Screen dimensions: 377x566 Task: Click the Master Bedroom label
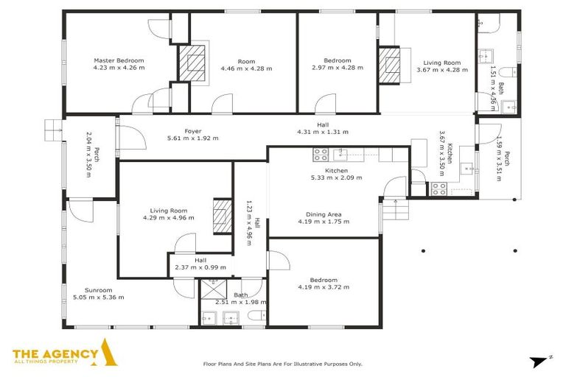tap(119, 60)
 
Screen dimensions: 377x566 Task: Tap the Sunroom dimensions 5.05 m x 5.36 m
tap(98, 297)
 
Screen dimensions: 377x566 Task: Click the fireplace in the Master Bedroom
tap(190, 62)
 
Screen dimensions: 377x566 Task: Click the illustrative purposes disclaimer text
tap(282, 364)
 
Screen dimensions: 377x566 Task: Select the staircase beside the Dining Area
tap(394, 212)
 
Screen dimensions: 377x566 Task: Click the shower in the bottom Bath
tap(214, 290)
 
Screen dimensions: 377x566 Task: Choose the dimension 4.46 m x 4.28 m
tap(245, 68)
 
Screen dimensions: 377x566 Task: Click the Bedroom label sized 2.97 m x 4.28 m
tap(338, 60)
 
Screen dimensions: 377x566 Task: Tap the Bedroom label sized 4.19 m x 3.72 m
tap(323, 280)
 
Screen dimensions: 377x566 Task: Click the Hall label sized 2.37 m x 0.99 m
tap(200, 259)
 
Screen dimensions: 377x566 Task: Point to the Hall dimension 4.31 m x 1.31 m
tap(322, 133)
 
